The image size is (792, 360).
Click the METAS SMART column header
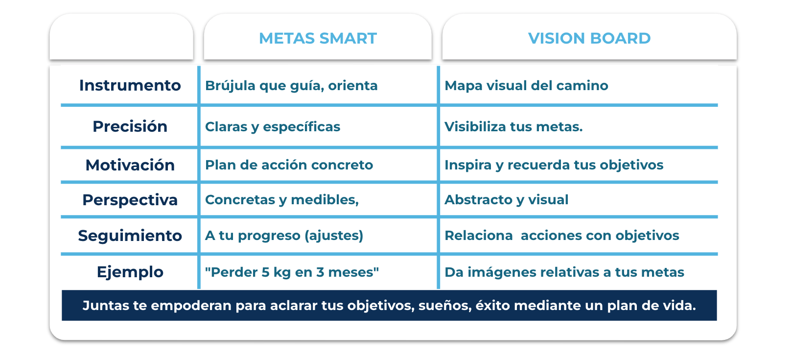click(318, 38)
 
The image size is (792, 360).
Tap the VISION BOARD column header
click(589, 38)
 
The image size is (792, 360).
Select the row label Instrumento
click(130, 85)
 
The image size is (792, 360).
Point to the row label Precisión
click(130, 126)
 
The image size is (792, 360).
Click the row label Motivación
click(130, 165)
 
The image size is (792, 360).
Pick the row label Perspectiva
click(130, 200)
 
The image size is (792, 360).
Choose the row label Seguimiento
click(130, 236)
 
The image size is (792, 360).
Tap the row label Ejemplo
click(130, 272)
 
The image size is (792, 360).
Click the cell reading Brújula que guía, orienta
click(291, 86)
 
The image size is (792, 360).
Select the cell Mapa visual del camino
click(526, 86)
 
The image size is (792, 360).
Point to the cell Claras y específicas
click(272, 126)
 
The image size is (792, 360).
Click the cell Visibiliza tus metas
click(513, 126)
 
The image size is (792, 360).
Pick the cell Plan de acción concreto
click(289, 165)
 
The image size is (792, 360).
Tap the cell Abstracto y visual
click(506, 200)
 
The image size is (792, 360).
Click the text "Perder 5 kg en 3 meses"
click(292, 272)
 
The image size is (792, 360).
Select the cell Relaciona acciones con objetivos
click(562, 236)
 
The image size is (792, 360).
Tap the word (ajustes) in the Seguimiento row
click(334, 236)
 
